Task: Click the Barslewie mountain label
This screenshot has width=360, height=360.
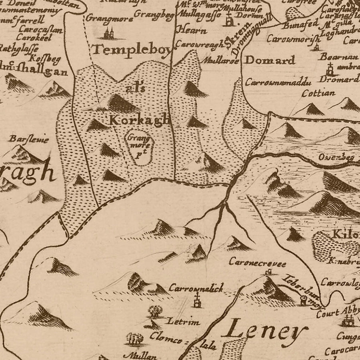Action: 29,140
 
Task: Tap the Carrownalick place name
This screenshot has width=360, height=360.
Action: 196,288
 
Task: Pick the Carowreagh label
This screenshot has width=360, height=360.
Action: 200,45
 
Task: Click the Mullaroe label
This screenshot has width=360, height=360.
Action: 221,62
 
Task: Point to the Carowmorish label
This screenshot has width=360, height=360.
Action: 293,39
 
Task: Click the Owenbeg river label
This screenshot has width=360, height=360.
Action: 336,157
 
